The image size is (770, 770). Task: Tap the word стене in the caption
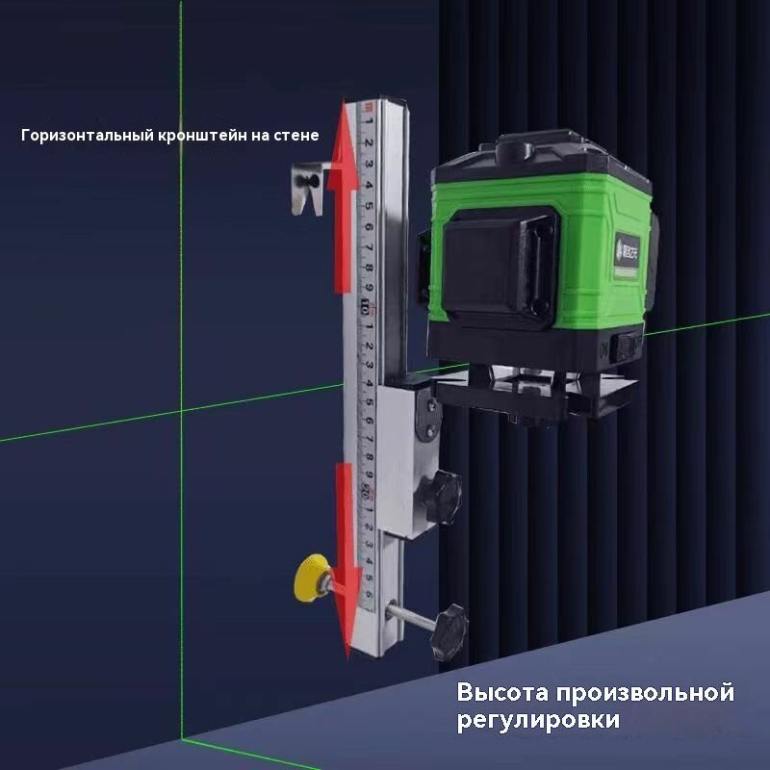pyautogui.click(x=297, y=136)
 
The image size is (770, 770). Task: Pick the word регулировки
pyautogui.click(x=539, y=720)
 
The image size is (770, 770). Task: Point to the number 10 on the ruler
pyautogui.click(x=366, y=308)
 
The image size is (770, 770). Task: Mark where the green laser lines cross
pyautogui.click(x=182, y=411)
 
